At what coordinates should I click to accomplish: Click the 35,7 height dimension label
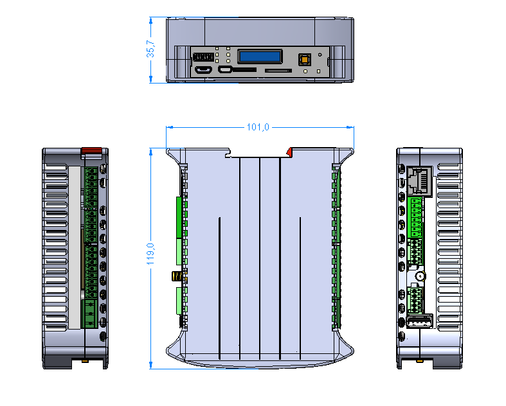150,49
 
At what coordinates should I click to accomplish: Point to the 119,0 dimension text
150,254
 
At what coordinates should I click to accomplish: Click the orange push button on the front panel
304,60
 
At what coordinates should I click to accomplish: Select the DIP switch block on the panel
204,56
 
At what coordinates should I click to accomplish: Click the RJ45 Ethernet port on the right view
419,181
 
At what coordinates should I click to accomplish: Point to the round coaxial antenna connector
420,276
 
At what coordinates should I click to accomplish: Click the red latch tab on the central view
290,152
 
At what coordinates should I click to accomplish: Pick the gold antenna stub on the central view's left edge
174,276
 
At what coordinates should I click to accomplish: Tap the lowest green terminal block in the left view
90,313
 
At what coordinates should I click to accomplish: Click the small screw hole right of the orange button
320,55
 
